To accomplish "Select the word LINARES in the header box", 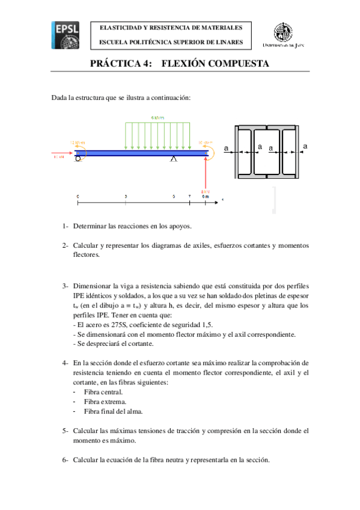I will [230, 43].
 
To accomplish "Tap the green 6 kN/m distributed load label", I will [157, 118].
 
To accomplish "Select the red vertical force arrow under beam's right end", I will [206, 174].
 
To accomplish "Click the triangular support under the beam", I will [174, 159].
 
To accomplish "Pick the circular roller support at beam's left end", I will [78, 159].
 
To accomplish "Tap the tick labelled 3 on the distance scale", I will [126, 197].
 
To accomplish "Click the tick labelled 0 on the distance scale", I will [78, 197].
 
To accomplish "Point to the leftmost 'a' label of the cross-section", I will [227, 148].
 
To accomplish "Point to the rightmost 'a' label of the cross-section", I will [305, 146].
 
